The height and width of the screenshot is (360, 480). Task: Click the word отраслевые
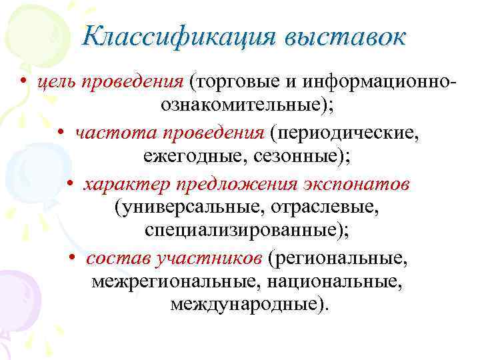323,208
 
